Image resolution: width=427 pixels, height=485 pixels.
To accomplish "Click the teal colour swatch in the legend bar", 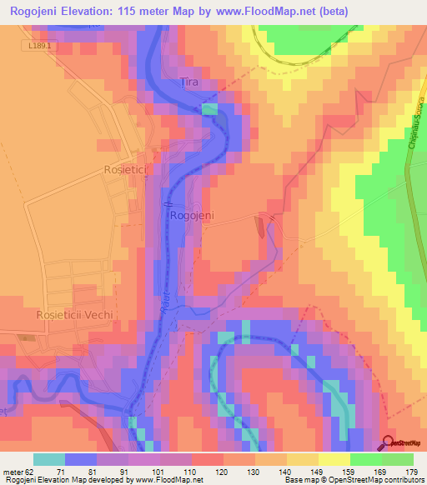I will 48,459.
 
